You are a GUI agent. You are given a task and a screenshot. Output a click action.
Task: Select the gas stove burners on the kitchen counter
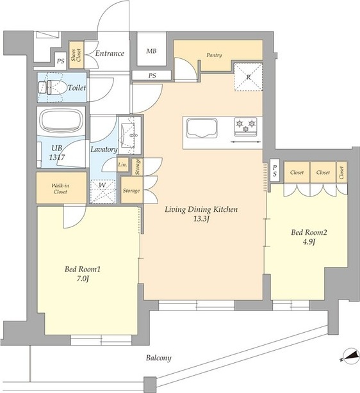coord(245,127)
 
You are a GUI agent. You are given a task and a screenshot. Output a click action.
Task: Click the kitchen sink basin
coord(201,128)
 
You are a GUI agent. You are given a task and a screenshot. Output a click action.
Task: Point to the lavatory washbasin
coord(128,135)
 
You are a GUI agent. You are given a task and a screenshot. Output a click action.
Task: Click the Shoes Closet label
coord(76,55)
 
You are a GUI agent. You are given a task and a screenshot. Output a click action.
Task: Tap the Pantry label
coord(214,55)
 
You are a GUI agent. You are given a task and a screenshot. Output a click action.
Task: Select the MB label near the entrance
coord(151,51)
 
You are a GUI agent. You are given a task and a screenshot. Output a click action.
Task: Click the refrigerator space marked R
coord(248,77)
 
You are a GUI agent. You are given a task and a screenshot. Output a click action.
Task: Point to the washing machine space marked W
coord(103,192)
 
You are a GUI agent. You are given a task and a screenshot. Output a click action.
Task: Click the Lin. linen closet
coord(123,164)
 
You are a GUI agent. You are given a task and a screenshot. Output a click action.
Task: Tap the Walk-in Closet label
coord(60,188)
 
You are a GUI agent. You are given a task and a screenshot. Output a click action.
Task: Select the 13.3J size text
coord(201,219)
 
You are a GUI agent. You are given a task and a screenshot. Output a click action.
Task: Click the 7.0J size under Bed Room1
coord(82,278)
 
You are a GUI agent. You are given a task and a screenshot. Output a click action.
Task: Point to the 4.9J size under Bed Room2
coord(309,242)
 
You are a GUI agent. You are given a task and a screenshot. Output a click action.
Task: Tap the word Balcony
coord(159,358)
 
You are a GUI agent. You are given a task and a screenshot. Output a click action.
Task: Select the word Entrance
coord(110,53)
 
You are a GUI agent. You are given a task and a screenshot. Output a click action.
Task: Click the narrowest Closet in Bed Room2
coord(341,172)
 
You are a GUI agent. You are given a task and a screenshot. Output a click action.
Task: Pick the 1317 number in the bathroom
coord(57,157)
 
